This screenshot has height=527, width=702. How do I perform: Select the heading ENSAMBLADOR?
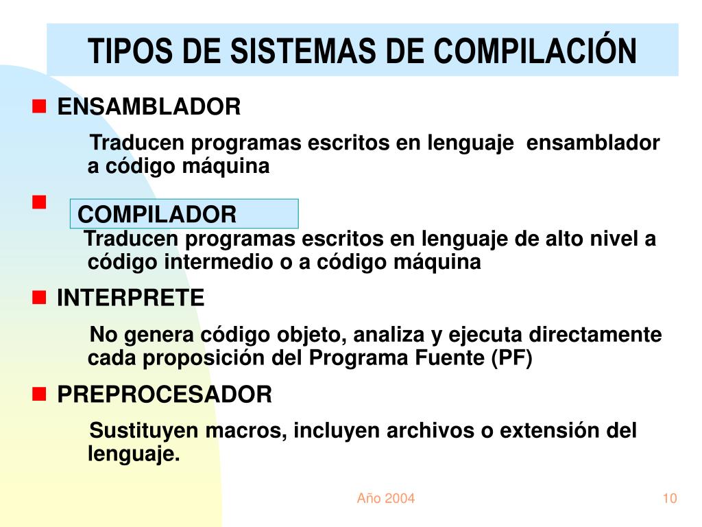pos(149,107)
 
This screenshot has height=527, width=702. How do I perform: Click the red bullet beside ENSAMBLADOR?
pos(39,106)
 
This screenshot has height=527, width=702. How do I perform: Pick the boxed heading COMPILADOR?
pos(157,215)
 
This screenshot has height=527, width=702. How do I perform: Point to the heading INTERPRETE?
pos(130,298)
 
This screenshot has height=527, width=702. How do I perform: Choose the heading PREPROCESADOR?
pos(165,395)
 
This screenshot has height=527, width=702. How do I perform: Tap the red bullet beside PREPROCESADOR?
pos(39,394)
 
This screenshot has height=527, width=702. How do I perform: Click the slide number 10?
pos(670,498)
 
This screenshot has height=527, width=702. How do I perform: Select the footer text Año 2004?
pos(386,498)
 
